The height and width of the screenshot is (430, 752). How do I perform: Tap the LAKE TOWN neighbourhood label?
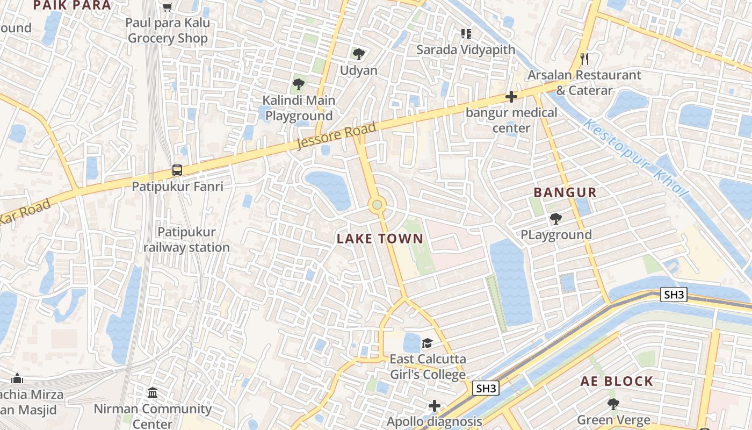coord(380,239)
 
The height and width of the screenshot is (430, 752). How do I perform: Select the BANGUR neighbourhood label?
coord(565,192)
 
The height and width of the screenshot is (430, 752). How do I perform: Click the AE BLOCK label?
coord(617,382)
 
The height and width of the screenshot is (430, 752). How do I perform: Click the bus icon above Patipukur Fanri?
coord(177,170)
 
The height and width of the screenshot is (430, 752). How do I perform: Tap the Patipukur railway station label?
coord(186,240)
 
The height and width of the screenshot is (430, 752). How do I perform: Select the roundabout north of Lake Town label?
coord(377,204)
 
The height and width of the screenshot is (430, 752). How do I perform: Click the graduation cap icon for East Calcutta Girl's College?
coord(427,343)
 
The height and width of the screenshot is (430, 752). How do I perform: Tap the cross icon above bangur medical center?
coord(511,97)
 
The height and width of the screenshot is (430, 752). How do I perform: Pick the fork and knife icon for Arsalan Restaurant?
coord(584,59)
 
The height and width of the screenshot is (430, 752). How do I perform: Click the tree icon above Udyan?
coord(359,54)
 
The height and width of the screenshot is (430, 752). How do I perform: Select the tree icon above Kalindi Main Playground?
coord(299,84)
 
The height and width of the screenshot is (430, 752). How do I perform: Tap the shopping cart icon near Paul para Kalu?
coord(168,7)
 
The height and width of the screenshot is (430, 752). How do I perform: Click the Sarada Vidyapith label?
coord(466,50)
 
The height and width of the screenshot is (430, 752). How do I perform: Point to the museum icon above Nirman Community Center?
coord(153,392)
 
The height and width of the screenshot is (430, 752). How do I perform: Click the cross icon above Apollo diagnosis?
coord(435,405)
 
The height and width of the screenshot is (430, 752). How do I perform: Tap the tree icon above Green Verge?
coord(613,404)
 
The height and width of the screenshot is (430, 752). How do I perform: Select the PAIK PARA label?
coord(72,5)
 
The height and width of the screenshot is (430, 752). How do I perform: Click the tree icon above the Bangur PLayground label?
coord(555,218)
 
